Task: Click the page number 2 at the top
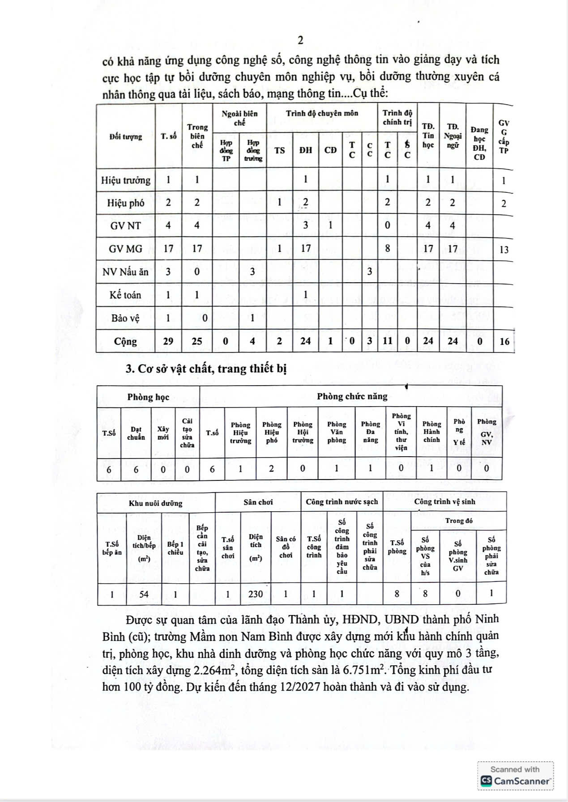click(300, 40)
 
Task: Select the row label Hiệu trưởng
click(126, 180)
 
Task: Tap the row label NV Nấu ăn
click(125, 272)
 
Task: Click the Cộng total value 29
click(168, 341)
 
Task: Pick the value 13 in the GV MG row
click(504, 250)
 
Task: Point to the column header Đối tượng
click(126, 137)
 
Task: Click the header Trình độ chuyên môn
click(322, 114)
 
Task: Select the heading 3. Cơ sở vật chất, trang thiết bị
click(206, 369)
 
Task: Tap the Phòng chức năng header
click(352, 396)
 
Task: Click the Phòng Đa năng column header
click(370, 432)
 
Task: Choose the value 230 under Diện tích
click(256, 594)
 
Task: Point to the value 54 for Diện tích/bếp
click(144, 594)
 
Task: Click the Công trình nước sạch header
click(342, 502)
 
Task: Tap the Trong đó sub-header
click(459, 521)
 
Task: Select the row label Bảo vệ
click(126, 318)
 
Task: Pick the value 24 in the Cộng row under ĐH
click(306, 341)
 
